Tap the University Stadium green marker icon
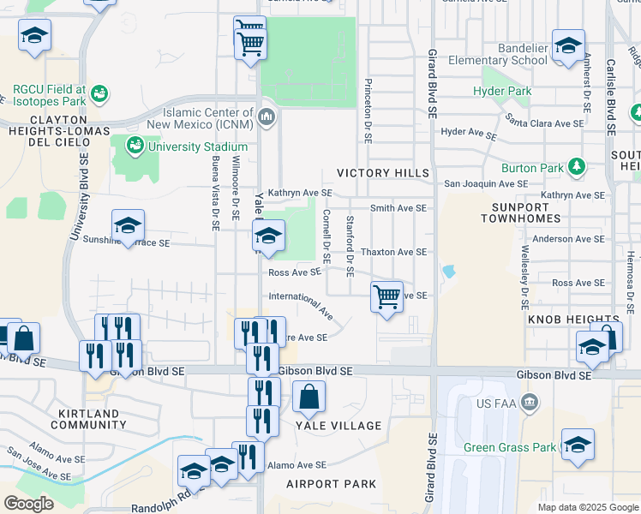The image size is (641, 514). (x=135, y=146)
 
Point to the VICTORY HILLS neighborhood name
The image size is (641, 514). (x=382, y=173)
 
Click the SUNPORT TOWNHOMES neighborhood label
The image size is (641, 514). (x=524, y=214)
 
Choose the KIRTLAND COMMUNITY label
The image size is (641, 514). (x=88, y=420)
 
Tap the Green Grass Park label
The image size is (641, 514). (x=509, y=447)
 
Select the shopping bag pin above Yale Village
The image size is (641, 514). (x=309, y=397)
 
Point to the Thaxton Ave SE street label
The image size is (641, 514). (x=393, y=252)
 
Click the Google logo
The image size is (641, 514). (x=28, y=504)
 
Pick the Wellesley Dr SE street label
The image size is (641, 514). (x=524, y=279)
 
